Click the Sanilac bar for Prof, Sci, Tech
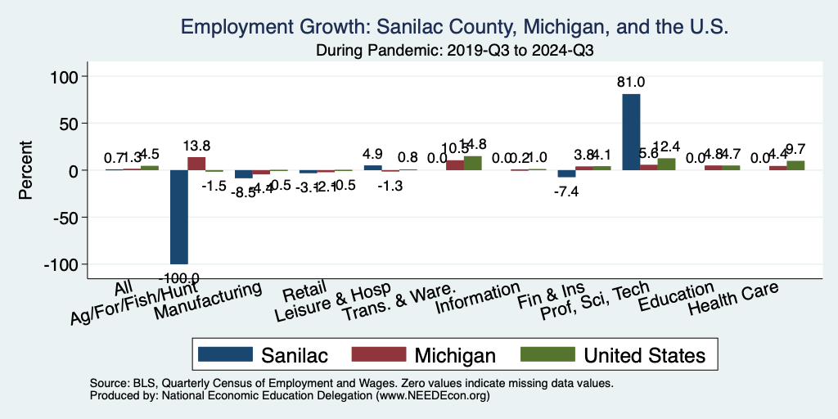631,132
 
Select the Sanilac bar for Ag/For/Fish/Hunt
178,217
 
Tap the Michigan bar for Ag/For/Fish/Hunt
196,164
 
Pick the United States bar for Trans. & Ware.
473,164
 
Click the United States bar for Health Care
795,166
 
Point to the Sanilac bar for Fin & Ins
566,173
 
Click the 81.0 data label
631,82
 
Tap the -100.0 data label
178,277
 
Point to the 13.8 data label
196,146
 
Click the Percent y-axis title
26,170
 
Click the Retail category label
299,293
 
